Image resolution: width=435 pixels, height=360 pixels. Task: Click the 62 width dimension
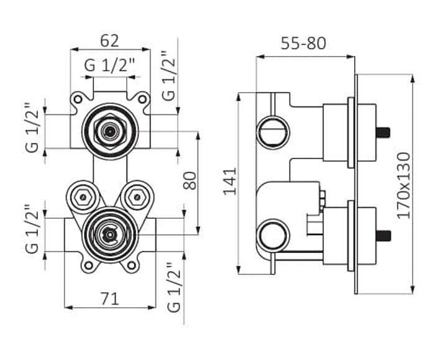[x=109, y=41]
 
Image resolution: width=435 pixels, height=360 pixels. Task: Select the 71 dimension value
[x=109, y=298]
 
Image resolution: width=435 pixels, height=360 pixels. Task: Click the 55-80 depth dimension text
[x=304, y=44]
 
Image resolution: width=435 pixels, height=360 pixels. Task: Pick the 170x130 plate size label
[x=404, y=185]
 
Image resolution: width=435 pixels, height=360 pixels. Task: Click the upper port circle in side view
[x=272, y=130]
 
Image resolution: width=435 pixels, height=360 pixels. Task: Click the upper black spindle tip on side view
[x=384, y=132]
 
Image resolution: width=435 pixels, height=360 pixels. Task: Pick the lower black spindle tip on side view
[x=384, y=236]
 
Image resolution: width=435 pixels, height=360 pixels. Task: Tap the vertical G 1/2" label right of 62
[x=168, y=75]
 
